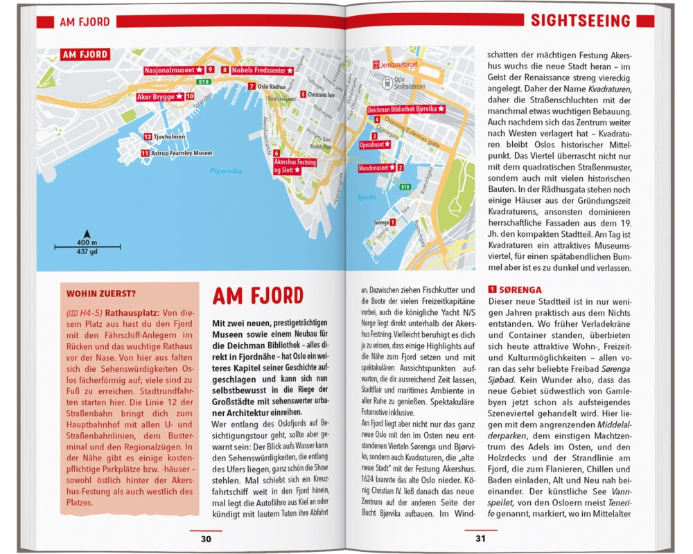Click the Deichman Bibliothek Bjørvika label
tap(405, 109)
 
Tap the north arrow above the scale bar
tap(87, 233)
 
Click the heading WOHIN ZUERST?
tap(97, 292)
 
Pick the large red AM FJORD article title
tap(258, 296)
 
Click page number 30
tap(206, 539)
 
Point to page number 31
tap(482, 539)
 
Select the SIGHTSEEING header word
tap(581, 21)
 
